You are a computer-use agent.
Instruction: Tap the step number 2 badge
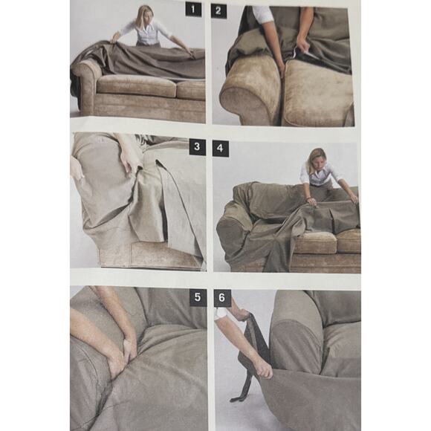click(x=219, y=10)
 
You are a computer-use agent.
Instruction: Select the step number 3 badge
click(x=197, y=147)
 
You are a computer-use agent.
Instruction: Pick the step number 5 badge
click(x=197, y=298)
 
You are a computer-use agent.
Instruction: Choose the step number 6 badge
click(x=221, y=298)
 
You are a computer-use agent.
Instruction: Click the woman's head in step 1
click(x=144, y=16)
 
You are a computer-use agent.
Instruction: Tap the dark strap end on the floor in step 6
click(x=239, y=398)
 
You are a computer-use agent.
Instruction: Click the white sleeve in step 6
click(x=221, y=313)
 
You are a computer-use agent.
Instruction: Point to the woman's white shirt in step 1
click(x=146, y=34)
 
